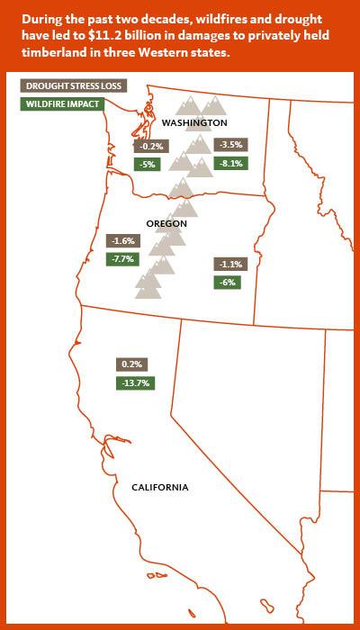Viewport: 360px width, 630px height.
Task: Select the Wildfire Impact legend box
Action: [61, 103]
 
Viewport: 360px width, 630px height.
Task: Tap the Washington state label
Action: [194, 122]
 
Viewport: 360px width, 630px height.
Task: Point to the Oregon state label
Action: [166, 222]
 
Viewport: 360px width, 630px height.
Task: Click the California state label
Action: [160, 487]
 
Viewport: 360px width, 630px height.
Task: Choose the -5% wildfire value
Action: [146, 164]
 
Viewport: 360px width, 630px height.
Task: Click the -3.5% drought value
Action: [230, 144]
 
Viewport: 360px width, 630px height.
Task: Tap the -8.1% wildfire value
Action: [230, 163]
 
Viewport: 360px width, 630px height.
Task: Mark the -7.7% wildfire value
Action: [121, 259]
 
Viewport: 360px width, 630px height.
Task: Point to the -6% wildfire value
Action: [227, 282]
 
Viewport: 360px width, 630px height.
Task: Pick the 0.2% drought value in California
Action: [131, 364]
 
